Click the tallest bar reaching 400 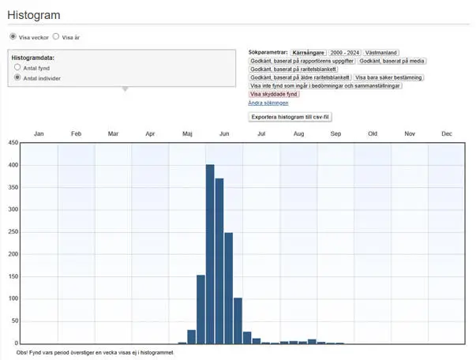point(210,253)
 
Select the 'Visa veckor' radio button point(13,36)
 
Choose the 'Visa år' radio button point(56,36)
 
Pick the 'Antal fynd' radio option point(17,68)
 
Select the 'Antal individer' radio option point(17,78)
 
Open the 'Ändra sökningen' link point(268,103)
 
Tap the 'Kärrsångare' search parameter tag point(308,51)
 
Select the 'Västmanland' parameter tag point(384,51)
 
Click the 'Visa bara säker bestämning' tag point(389,77)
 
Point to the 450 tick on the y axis point(12,143)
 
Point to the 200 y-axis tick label point(12,254)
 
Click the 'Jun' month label point(224,134)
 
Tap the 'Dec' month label point(447,134)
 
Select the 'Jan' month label point(39,134)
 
